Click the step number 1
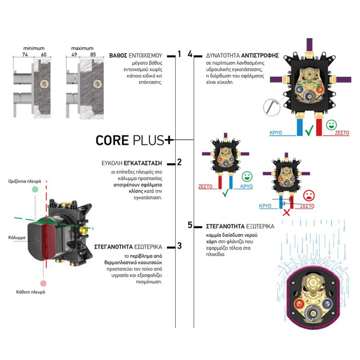pos(179,55)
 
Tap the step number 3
pos(179,245)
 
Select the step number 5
pos(190,226)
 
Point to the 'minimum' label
pos(34,47)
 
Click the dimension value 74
pos(25,54)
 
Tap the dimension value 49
pos(74,54)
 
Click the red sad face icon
pos(308,196)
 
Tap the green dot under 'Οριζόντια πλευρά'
pos(35,189)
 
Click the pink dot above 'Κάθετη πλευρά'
pos(43,283)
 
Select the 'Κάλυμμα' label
pos(17,238)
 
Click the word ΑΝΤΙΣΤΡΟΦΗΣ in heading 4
pos(262,55)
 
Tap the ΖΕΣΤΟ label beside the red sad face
pos(307,206)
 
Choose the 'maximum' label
pos(82,47)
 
